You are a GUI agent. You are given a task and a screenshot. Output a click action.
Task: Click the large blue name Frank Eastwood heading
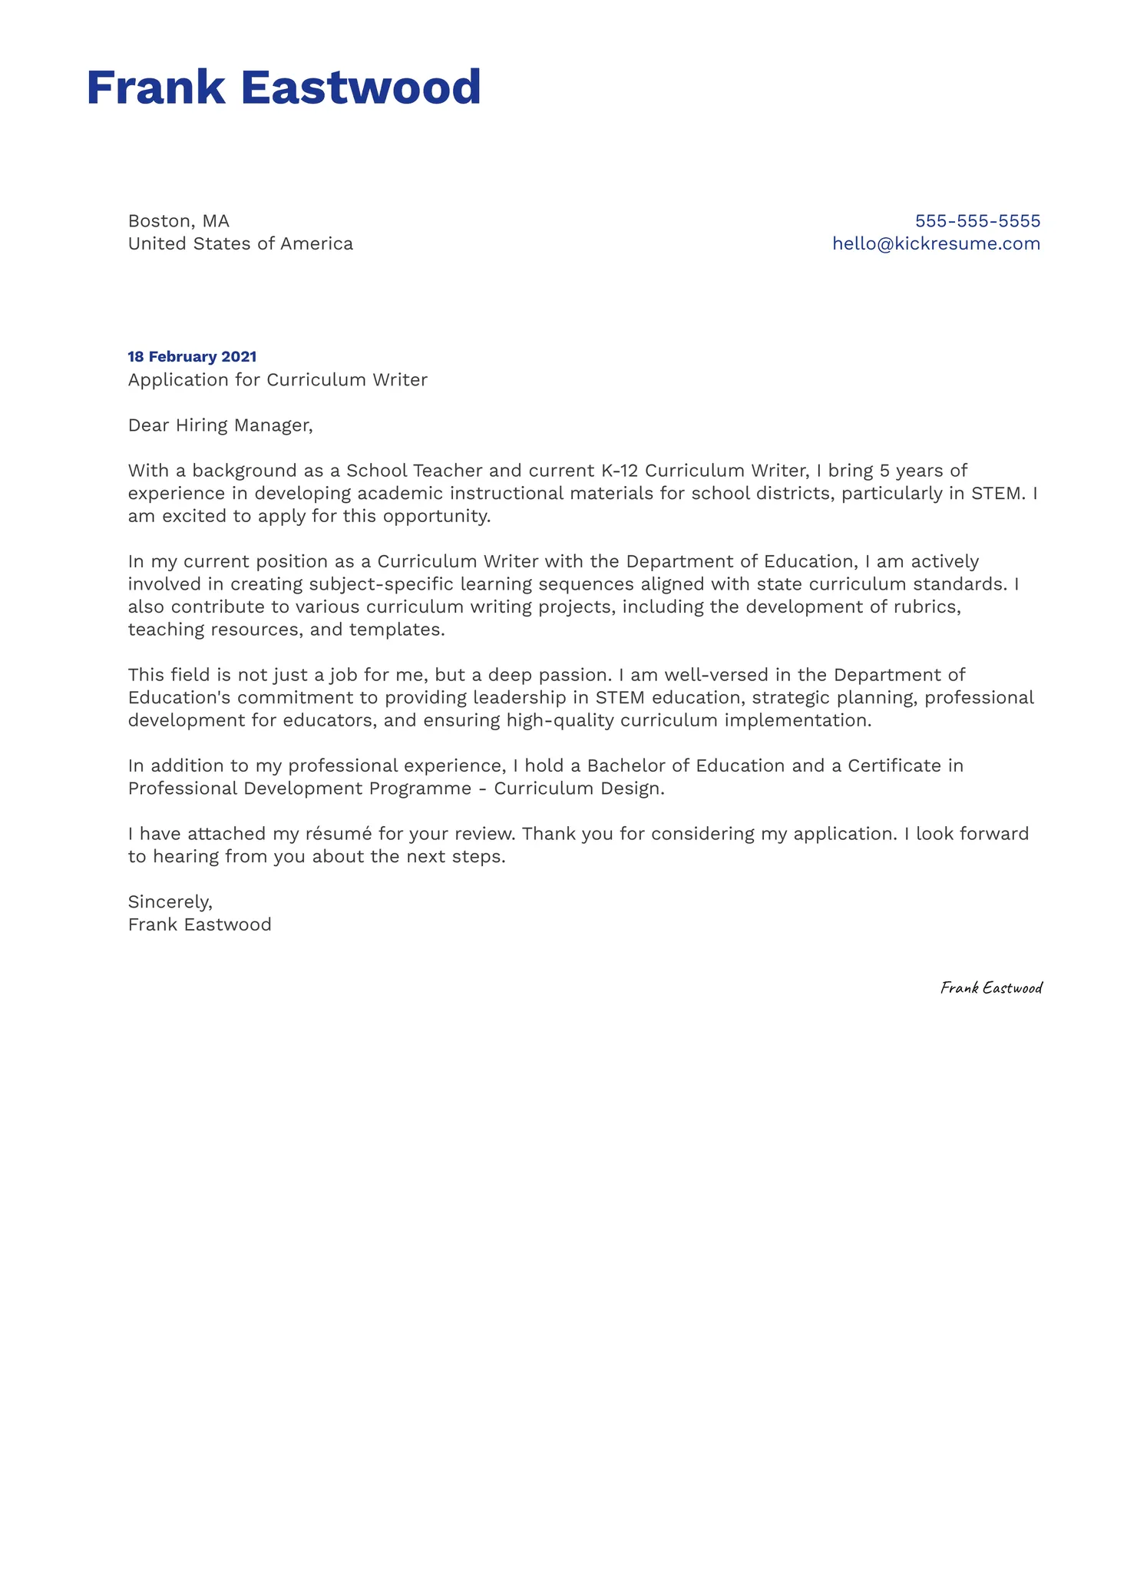click(283, 87)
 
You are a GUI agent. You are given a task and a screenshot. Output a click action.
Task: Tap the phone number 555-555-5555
click(977, 221)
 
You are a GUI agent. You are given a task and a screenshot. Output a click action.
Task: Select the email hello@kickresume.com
click(936, 244)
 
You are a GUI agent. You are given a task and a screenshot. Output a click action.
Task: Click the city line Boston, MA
click(179, 221)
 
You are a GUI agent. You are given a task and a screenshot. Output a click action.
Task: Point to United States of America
click(240, 244)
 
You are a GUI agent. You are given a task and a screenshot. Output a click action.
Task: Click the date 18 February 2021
click(192, 356)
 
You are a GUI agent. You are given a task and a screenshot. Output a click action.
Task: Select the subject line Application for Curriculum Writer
click(277, 380)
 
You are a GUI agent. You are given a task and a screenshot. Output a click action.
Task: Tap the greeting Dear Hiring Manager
click(220, 425)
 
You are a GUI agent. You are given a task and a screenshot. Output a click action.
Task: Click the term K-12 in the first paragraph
click(619, 471)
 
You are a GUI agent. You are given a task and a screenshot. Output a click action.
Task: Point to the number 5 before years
click(884, 471)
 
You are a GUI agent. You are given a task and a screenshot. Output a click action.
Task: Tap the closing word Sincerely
click(170, 902)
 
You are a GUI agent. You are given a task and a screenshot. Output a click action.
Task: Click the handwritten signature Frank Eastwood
click(990, 987)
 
